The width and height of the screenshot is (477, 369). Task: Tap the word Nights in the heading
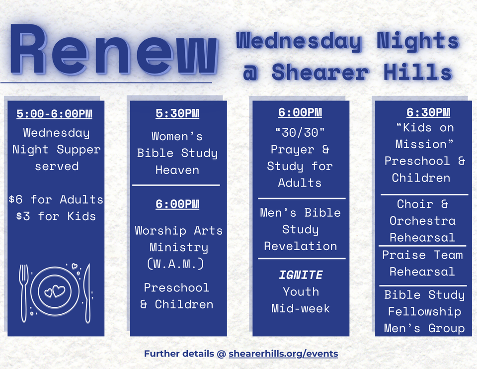(x=417, y=42)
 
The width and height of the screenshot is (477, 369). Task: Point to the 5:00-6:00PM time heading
(x=55, y=114)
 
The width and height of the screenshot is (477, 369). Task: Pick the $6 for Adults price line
(x=56, y=199)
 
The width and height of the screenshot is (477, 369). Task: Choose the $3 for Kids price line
(x=56, y=216)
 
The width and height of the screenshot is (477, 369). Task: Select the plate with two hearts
(x=55, y=291)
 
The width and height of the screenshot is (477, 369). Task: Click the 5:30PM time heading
(x=177, y=113)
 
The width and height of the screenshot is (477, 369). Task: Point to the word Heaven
(x=177, y=170)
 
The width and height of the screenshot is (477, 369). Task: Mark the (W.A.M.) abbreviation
(x=176, y=264)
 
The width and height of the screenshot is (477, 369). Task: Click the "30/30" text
(x=300, y=132)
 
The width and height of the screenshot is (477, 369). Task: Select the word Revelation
(x=300, y=246)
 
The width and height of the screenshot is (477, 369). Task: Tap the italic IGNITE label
(x=300, y=275)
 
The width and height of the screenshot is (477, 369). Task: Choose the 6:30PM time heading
(x=422, y=113)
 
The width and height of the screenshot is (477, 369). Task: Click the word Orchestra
(x=422, y=221)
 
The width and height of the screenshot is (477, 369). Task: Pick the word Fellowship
(x=424, y=312)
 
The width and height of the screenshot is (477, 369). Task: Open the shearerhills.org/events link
(x=283, y=354)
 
